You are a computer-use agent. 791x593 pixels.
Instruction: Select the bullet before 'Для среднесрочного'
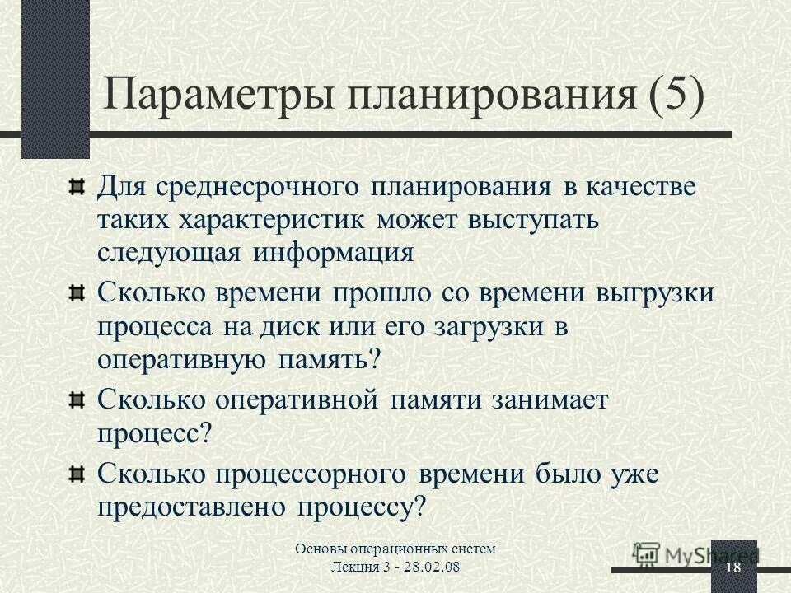pyautogui.click(x=77, y=185)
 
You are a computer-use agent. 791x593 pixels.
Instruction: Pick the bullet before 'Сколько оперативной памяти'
pyautogui.click(x=77, y=400)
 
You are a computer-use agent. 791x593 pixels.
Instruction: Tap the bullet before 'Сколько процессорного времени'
pyautogui.click(x=77, y=473)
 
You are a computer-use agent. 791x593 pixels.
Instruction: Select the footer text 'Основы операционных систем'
pyautogui.click(x=396, y=549)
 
